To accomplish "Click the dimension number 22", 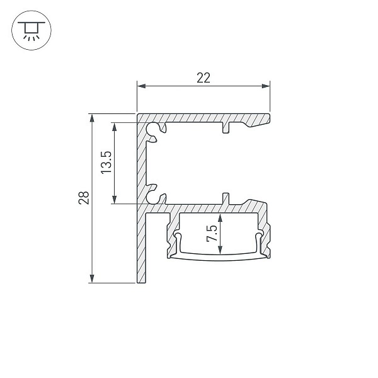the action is point(203,78).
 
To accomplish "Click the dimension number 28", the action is point(84,198).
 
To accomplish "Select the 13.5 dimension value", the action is point(106,163).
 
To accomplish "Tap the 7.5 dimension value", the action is point(212,233).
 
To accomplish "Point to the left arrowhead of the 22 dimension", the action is point(141,86).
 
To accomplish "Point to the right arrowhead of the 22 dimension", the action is point(266,86).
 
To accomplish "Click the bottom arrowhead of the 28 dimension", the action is point(92,278).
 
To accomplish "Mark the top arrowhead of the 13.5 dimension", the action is point(115,127).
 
